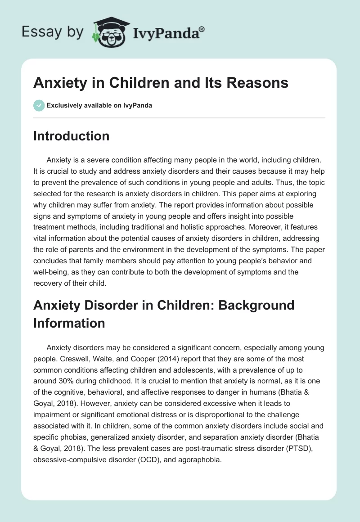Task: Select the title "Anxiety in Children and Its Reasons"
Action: coord(161,83)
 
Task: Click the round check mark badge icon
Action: coord(39,106)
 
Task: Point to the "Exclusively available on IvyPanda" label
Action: coord(99,106)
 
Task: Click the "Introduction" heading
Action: coord(71,136)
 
